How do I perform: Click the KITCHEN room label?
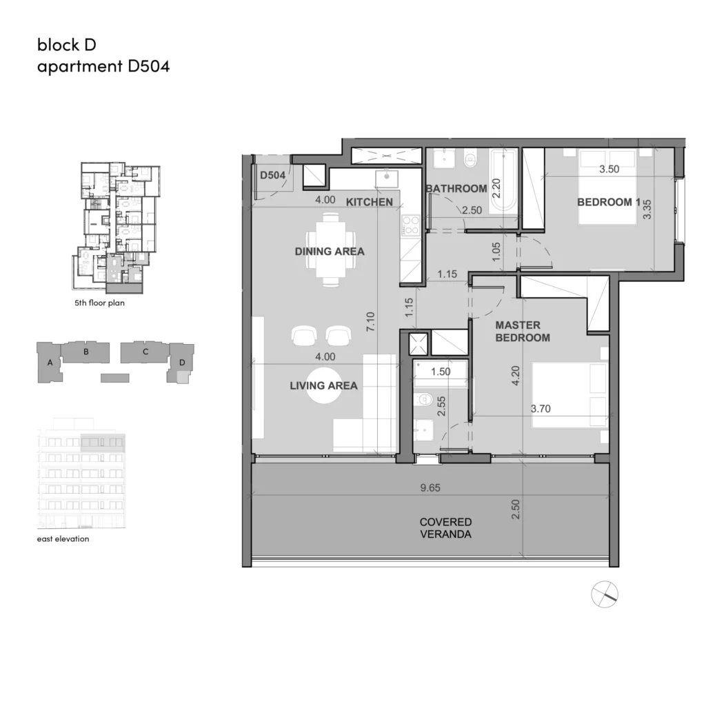[x=370, y=202]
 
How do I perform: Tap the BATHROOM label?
[x=456, y=189]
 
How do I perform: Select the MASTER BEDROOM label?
[x=523, y=332]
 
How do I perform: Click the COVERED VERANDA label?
[x=446, y=528]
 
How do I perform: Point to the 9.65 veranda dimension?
[x=430, y=487]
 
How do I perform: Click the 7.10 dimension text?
[x=370, y=322]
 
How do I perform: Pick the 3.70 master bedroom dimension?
[x=541, y=409]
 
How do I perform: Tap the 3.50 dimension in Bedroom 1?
[x=609, y=170]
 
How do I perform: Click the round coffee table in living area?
[x=324, y=385]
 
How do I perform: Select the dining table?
[x=331, y=250]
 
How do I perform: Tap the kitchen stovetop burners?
[x=411, y=225]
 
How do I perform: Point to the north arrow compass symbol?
[x=605, y=594]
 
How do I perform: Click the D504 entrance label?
[x=273, y=175]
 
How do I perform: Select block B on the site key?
[x=85, y=352]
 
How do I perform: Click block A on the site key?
[x=49, y=363]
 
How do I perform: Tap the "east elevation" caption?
[x=63, y=538]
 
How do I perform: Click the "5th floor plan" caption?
[x=99, y=303]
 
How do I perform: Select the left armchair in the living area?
[x=303, y=336]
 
